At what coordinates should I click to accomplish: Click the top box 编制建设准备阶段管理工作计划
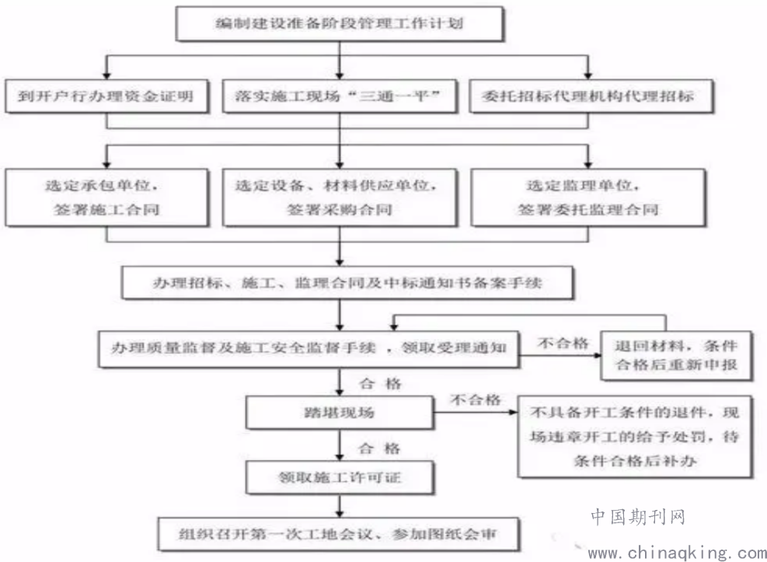tap(340, 23)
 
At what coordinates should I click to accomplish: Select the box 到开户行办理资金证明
tap(106, 96)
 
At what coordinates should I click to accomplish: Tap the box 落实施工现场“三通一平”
tap(340, 96)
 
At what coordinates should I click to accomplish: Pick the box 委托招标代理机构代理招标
tap(591, 96)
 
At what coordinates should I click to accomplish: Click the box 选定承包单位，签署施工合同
tap(106, 197)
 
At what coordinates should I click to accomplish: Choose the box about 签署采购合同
tap(340, 197)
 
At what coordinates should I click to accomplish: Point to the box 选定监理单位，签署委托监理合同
tap(588, 197)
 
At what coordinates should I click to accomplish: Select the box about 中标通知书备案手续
tap(347, 283)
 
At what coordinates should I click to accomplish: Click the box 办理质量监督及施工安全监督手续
tap(309, 349)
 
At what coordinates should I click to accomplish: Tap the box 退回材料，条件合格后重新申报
tap(676, 355)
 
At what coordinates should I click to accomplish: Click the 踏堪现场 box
tap(340, 413)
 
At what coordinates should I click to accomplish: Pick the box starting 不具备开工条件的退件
tap(635, 436)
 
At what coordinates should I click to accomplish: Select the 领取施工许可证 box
tap(340, 477)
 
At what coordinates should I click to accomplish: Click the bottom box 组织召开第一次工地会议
tap(338, 534)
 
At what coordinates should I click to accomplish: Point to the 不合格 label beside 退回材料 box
tap(563, 343)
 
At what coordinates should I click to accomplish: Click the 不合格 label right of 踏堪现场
tap(476, 400)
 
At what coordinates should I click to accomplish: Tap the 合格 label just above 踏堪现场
tap(380, 383)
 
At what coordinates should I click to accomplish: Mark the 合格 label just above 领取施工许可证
tap(379, 448)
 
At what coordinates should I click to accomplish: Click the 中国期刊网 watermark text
tap(638, 517)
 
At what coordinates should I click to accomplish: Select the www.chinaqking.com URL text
tap(677, 553)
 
